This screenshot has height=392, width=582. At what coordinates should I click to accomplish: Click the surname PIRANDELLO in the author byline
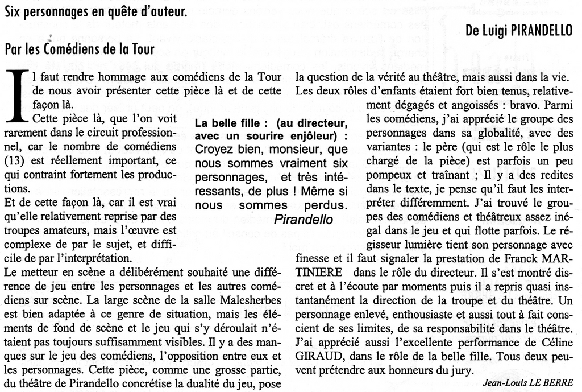[541, 31]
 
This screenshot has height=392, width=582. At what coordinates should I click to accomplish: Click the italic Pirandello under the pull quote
[304, 219]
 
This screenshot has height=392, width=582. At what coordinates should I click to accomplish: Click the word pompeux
[387, 174]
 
